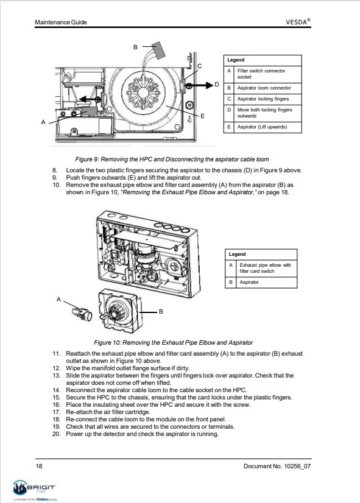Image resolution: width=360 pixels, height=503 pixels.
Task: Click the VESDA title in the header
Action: point(298,22)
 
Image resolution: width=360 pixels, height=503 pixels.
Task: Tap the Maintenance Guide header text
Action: point(61,22)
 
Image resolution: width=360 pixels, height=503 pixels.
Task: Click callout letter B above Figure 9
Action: point(135,47)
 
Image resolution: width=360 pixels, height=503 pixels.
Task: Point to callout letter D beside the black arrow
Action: point(217,85)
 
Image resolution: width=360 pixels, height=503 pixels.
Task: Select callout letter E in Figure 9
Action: point(202,116)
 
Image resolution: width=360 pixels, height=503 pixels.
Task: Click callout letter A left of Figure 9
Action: point(43,122)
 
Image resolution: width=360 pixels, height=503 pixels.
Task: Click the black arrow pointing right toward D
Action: point(200,85)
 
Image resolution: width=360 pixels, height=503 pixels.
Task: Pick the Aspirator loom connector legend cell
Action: point(264,88)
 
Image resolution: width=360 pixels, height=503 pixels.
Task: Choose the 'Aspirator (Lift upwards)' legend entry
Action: point(262,127)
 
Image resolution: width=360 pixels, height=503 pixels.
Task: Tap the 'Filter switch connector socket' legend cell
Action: point(261,74)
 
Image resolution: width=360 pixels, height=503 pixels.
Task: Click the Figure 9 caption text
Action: point(172,159)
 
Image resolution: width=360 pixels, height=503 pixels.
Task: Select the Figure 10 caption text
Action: point(173,343)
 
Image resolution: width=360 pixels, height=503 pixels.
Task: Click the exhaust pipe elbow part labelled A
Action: point(82,314)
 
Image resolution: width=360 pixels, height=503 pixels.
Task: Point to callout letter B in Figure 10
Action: point(161,312)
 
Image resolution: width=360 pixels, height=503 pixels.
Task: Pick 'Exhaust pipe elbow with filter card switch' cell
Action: point(266,268)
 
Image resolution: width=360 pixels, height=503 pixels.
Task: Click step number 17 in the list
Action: point(57,412)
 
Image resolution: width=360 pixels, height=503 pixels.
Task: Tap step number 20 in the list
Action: point(57,434)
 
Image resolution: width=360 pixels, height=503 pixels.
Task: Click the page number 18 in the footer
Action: point(39,466)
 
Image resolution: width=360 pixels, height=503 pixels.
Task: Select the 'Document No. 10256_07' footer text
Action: point(277,466)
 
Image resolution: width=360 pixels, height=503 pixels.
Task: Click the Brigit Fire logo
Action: point(35,490)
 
